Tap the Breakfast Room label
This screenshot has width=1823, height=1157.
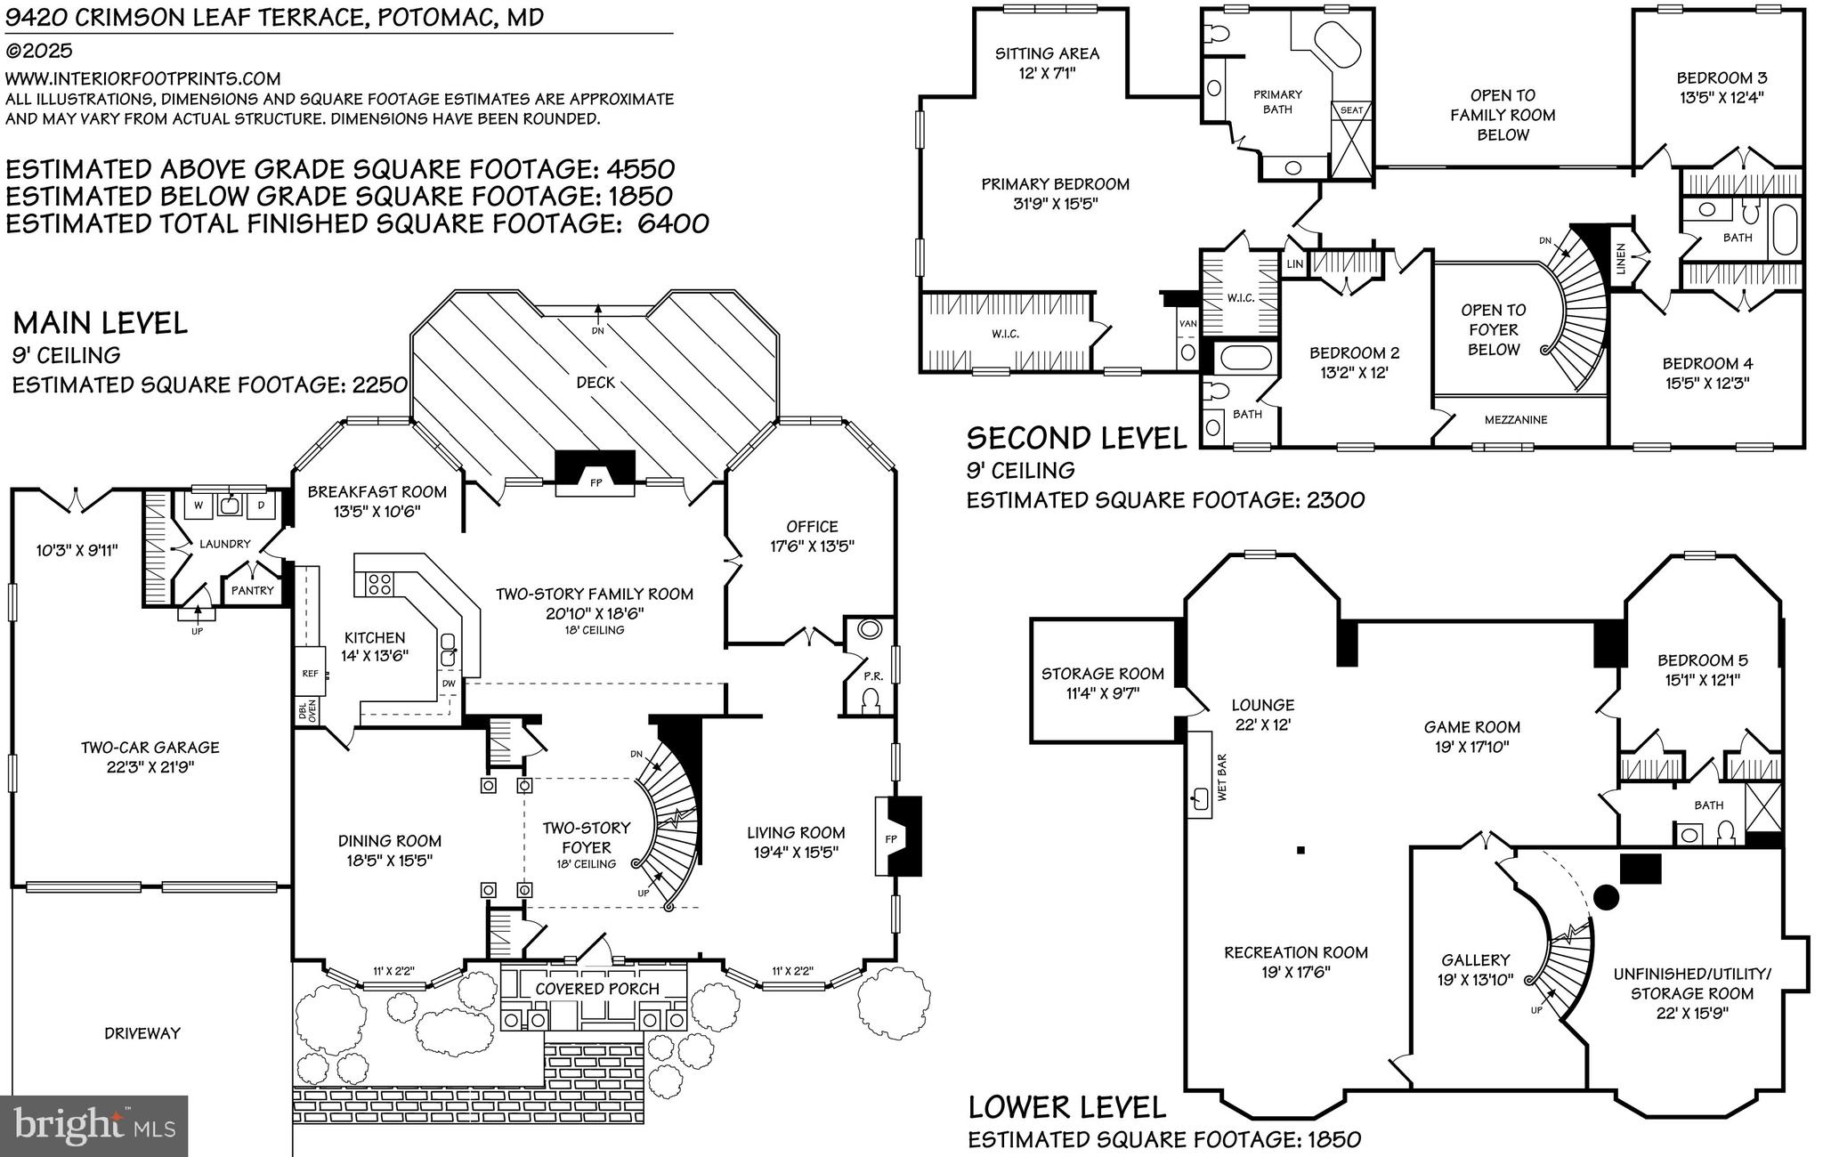point(377,492)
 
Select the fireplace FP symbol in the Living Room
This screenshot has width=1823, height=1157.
point(891,838)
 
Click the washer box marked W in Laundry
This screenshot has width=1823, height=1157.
point(199,506)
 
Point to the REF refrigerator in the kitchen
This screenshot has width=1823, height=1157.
point(310,674)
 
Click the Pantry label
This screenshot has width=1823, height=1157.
point(253,590)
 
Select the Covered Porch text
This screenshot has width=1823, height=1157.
point(596,989)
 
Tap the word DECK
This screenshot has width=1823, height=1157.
point(596,383)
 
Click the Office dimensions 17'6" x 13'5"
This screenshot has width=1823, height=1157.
point(812,546)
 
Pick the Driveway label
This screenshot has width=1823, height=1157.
point(142,1033)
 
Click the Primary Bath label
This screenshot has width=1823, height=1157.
point(1277,101)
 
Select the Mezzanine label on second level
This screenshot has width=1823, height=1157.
point(1515,420)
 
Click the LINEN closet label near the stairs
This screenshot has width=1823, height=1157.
point(1621,258)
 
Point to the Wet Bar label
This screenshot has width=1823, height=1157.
point(1221,778)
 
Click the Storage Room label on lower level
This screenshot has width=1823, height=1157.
point(1102,674)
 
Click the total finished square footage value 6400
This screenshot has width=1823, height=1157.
point(673,223)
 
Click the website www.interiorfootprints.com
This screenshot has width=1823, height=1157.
point(142,79)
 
